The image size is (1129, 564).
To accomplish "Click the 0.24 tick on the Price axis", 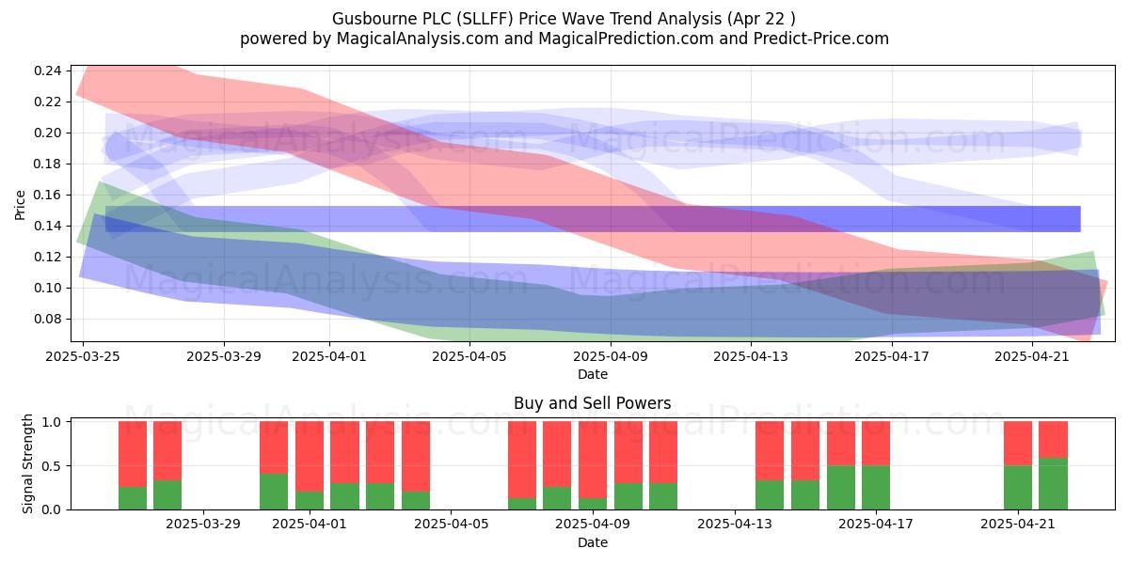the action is [x=48, y=70].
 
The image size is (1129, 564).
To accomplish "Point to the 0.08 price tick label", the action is [x=48, y=319].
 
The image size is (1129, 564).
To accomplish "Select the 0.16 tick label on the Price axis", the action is [x=48, y=195].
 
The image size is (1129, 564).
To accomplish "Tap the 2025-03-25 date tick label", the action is [x=83, y=356].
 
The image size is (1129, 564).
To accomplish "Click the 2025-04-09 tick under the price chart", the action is [x=611, y=356].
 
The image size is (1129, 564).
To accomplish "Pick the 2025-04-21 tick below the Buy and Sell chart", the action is [x=1018, y=525].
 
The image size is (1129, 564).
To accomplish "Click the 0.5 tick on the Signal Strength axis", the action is [x=52, y=466].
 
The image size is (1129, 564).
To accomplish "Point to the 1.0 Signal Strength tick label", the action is [x=52, y=422].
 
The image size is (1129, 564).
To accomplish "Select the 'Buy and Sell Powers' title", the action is [x=592, y=403].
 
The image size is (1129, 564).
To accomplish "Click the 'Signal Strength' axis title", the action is [x=27, y=463].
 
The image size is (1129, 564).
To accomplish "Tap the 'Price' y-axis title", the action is [x=20, y=205].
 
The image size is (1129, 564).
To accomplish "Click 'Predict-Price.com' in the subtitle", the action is [x=821, y=39].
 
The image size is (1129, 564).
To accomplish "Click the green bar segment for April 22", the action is [x=1053, y=483].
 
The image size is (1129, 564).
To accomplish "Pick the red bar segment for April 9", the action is [x=592, y=460].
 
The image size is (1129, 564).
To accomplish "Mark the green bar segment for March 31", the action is [x=274, y=492].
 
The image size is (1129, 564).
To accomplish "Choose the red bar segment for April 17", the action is [x=876, y=443].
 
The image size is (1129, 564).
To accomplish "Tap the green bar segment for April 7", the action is [x=522, y=504].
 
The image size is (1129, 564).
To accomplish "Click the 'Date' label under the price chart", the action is [x=592, y=375].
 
